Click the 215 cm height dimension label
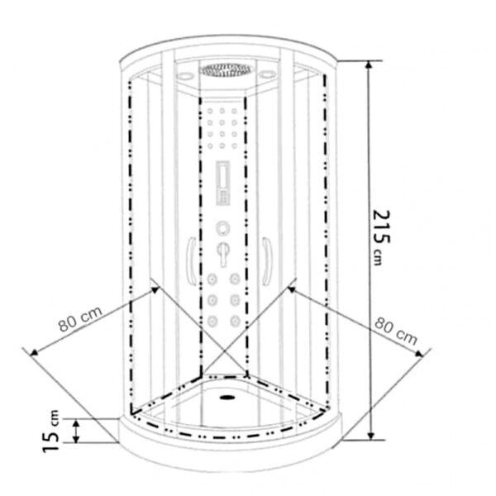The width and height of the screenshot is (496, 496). coord(381,237)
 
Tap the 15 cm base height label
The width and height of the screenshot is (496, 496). coord(50,432)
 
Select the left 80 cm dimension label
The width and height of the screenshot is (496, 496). coord(80,318)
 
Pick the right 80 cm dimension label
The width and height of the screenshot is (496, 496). coord(395,331)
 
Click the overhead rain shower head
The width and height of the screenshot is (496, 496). coord(225,70)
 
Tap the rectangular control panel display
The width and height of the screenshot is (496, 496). coord(222,184)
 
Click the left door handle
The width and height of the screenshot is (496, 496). coord(191,261)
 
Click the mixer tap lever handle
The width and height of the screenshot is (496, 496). coord(224,255)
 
